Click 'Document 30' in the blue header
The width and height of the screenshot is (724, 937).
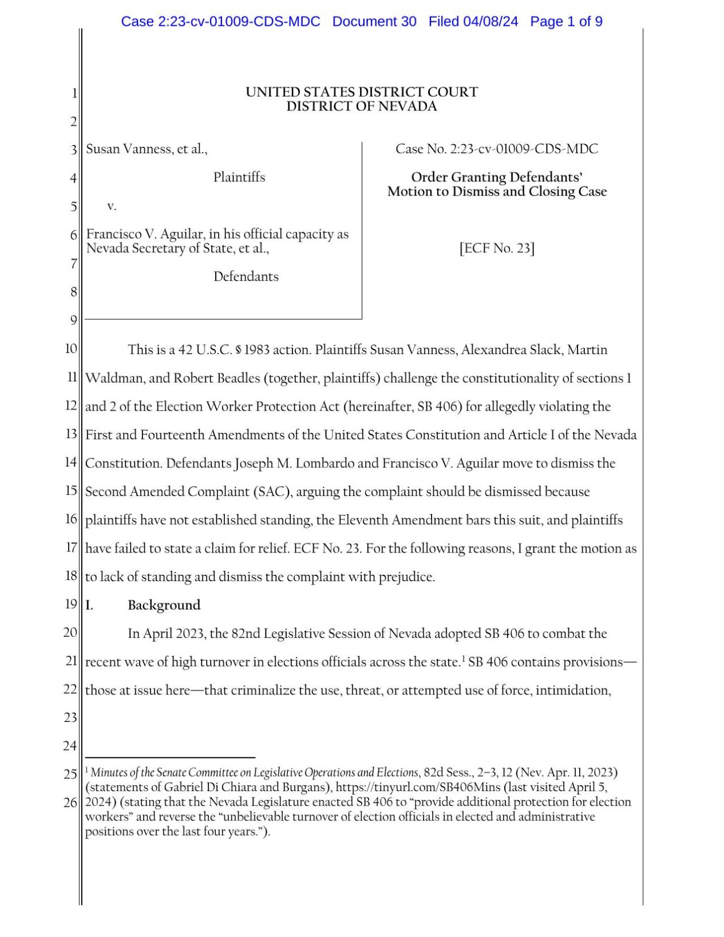coord(374,22)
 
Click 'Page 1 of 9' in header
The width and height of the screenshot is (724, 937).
coord(565,22)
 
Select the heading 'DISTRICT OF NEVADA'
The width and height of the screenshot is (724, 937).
coord(361,106)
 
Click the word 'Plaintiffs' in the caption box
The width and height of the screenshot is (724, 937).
coord(239,177)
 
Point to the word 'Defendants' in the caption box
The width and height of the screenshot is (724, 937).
coord(246,277)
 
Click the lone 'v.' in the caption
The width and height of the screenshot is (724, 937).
coord(112,206)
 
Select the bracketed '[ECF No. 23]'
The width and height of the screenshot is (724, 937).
coord(497,248)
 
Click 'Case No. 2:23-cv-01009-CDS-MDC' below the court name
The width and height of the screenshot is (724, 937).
coord(496,149)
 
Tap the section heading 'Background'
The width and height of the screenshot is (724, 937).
coord(164,605)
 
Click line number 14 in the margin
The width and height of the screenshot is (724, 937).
coord(71,462)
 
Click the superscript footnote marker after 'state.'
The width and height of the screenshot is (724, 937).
coord(462,658)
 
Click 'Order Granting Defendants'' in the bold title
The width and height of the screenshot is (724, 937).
coord(496,177)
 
